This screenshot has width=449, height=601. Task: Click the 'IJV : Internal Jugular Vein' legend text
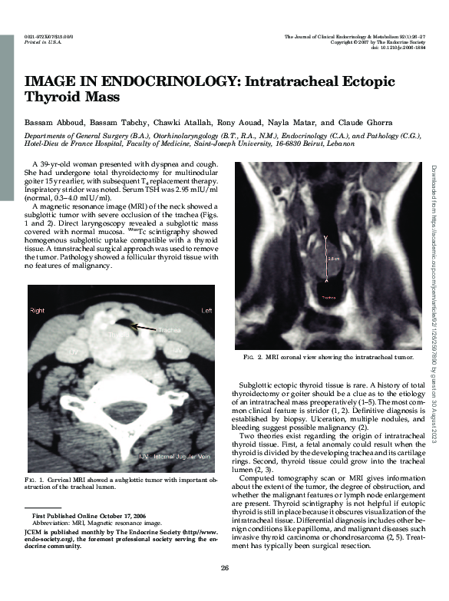coord(174,457)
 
